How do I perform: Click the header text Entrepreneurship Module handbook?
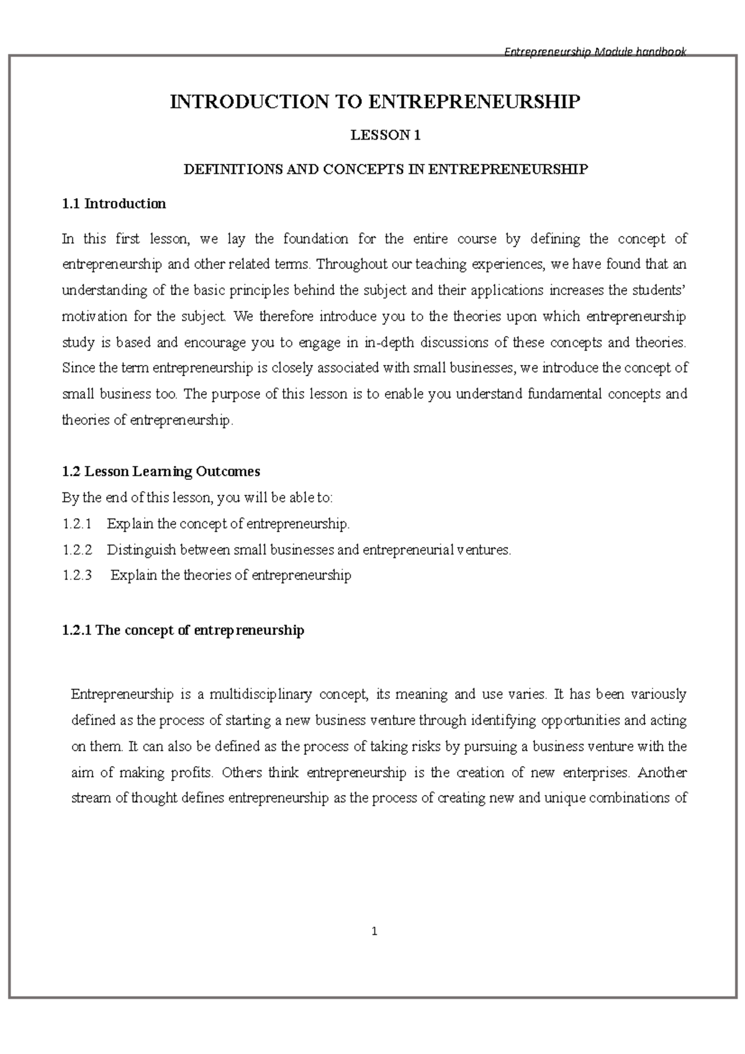click(594, 52)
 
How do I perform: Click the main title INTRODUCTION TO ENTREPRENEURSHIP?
click(375, 102)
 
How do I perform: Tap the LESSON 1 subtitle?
click(386, 135)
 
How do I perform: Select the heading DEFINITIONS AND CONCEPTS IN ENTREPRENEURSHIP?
click(385, 169)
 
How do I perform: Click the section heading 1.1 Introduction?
click(114, 204)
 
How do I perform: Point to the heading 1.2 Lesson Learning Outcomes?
click(161, 471)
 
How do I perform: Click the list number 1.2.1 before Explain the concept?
click(77, 524)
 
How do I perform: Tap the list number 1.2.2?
click(77, 549)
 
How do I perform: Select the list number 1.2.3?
click(77, 575)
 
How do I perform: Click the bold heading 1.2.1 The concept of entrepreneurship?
click(183, 630)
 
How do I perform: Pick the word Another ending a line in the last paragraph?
click(662, 773)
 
